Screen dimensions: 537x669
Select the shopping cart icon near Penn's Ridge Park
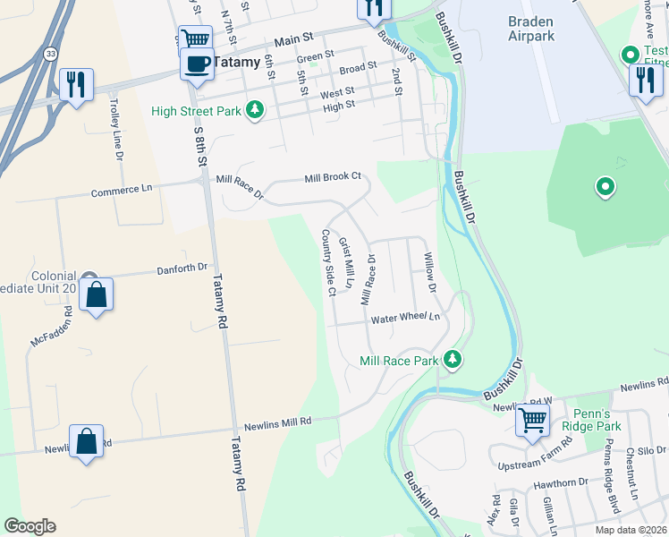coord(533,418)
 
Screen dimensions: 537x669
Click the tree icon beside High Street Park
coord(257,110)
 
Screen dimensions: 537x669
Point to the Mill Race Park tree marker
coord(453,360)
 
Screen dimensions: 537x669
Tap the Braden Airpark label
coord(531,29)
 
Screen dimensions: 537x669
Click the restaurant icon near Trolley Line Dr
coord(76,85)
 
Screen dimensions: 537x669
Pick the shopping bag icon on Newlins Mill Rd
coord(86,441)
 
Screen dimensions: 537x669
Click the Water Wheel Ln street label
coord(406,318)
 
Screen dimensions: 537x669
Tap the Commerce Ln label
coord(122,189)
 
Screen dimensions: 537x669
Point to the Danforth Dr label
coord(182,267)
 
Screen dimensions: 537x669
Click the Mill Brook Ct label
coord(332,176)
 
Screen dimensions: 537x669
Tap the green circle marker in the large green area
coord(605,187)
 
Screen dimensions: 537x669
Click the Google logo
coord(30,526)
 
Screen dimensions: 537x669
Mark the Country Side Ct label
coord(327,262)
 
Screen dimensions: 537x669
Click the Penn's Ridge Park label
coord(597,420)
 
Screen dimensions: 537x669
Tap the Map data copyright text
coord(631,529)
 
